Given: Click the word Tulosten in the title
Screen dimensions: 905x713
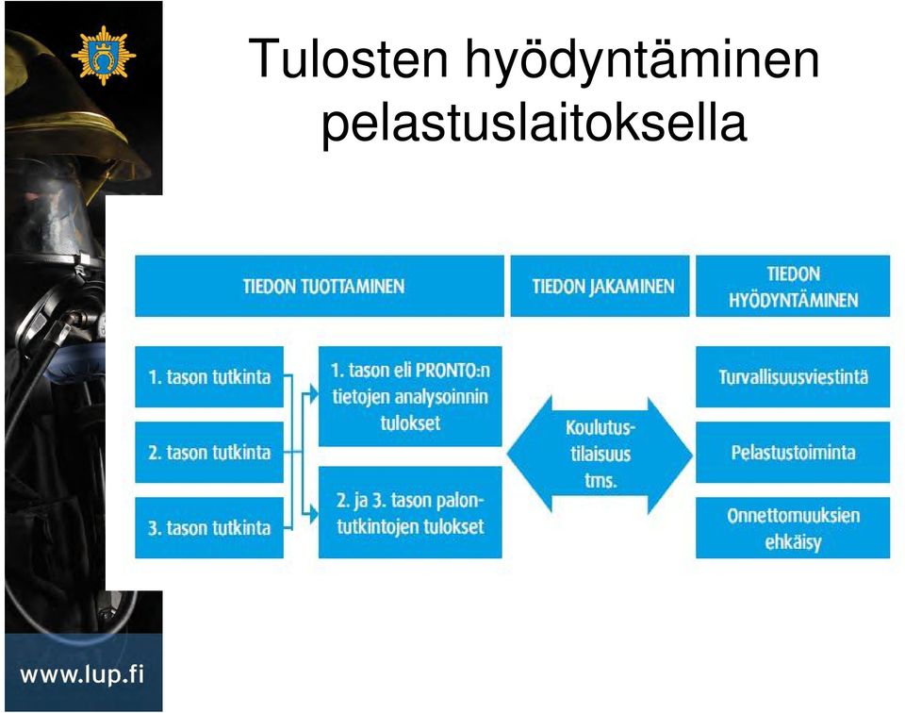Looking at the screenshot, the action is (x=349, y=58).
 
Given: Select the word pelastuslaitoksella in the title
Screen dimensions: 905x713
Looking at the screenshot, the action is (x=534, y=123).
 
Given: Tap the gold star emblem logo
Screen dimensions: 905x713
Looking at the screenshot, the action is (x=104, y=56).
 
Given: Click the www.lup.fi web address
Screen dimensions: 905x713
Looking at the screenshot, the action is (x=82, y=673).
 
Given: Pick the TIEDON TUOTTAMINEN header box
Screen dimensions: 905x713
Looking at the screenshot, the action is (x=320, y=286).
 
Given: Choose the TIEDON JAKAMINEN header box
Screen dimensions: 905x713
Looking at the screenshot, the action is (x=600, y=286).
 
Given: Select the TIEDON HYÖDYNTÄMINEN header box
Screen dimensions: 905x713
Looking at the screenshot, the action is (x=793, y=286).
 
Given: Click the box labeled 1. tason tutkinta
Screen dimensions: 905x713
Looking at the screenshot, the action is (x=209, y=377).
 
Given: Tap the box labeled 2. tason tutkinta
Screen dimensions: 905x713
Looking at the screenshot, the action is (x=209, y=452).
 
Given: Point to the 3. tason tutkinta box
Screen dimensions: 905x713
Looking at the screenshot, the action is (x=209, y=528).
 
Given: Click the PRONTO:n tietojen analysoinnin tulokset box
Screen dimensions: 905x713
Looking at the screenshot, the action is (x=410, y=396).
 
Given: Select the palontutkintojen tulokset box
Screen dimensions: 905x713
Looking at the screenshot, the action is (x=410, y=513).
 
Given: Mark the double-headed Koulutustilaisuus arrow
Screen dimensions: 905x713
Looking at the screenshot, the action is (x=600, y=455).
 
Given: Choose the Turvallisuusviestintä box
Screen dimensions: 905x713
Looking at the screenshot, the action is (x=793, y=377).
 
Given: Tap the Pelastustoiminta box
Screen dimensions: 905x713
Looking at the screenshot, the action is (x=793, y=452).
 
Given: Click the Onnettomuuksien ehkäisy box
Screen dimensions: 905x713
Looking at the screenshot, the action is (x=793, y=528).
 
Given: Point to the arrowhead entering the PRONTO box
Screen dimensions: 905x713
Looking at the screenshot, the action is (x=313, y=393).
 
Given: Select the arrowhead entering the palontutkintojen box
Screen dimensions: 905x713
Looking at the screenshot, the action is (x=313, y=513).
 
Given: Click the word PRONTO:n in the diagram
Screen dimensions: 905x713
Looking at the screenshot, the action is (x=452, y=370).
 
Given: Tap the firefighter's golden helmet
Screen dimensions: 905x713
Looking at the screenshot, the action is (x=75, y=115).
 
